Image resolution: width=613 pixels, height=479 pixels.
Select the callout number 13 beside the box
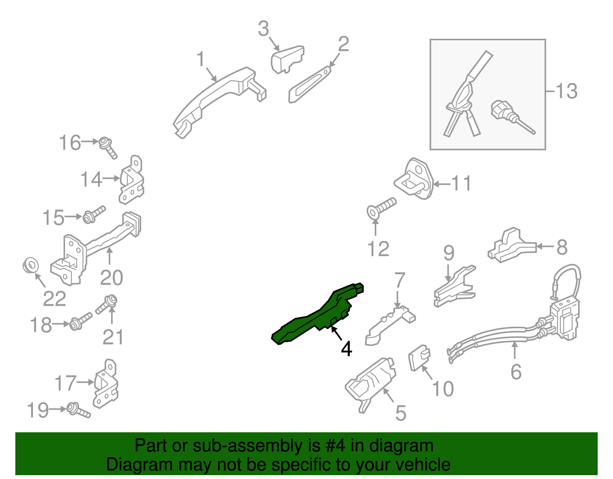point(567,91)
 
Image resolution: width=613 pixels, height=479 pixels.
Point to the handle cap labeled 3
point(287,59)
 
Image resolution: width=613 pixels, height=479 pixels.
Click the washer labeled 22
point(31,265)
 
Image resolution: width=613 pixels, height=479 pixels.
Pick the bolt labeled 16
point(108,148)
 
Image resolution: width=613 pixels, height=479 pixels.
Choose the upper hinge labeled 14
point(132,180)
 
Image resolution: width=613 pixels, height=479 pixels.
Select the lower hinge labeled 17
point(105,384)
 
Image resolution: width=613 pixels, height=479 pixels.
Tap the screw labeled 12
point(381,208)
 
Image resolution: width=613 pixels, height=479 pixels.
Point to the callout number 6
point(516,372)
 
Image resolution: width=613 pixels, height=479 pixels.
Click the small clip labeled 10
point(420,358)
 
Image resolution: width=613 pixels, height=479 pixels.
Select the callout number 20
point(111,278)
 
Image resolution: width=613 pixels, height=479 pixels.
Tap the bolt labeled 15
point(94,214)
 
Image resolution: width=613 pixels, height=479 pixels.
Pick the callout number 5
point(401,413)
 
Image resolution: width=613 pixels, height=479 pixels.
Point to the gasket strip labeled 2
point(310,84)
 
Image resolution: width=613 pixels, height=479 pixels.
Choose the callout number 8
point(562,247)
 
